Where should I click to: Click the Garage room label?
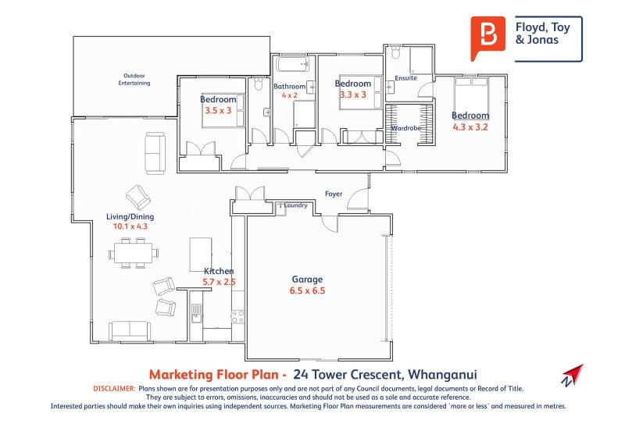coord(307,279)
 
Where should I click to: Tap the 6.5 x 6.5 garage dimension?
coord(308,291)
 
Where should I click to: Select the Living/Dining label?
coord(130,216)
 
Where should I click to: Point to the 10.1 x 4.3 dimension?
coord(130,226)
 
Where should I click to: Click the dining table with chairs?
coord(134,253)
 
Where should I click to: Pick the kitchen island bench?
coord(201,254)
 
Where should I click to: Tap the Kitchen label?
coord(219,271)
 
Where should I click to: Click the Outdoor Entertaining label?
coord(134,79)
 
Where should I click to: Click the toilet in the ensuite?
coord(395,54)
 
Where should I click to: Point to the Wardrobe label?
coord(406,127)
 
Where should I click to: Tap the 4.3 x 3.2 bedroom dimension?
coord(470,127)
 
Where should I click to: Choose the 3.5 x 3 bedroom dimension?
coord(218,111)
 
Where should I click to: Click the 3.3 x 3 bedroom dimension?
coord(353,94)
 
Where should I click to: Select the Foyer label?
coord(334,194)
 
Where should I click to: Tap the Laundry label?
coord(295,205)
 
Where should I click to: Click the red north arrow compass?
coord(572,375)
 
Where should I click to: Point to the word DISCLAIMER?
coord(114,388)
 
